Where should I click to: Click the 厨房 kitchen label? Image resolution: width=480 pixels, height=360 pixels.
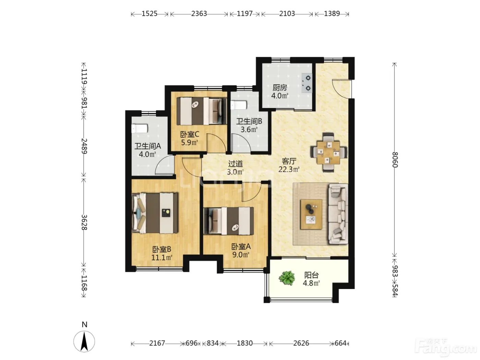279,88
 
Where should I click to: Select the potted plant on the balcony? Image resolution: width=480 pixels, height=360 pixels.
287,278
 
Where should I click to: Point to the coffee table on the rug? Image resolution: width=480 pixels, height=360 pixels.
311,214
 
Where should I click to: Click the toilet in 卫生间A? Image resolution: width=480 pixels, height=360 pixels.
140,129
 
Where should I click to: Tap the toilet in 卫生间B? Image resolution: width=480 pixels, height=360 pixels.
239,105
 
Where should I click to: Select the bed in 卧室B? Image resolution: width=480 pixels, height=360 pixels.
155,213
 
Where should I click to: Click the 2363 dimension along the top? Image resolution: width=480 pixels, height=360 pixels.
199,14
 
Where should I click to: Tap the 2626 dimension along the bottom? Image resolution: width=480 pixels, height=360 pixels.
301,343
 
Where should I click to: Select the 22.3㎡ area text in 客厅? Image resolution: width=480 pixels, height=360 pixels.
289,169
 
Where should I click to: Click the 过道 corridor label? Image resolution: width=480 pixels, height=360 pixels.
235,164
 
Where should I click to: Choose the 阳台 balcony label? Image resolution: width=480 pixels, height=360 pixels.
311,275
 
